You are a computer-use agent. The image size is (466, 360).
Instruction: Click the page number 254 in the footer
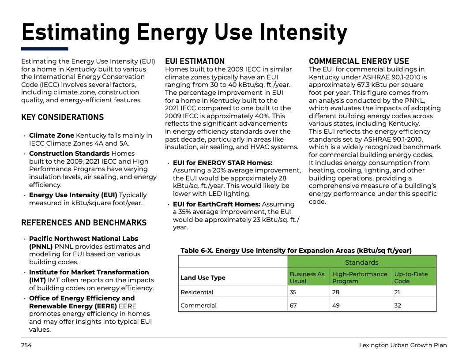tap(26, 345)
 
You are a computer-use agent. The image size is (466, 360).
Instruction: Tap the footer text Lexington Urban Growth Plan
tap(402, 345)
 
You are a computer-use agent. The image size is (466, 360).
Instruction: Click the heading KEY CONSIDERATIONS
tap(62, 117)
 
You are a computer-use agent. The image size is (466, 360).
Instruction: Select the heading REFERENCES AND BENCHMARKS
tap(84, 223)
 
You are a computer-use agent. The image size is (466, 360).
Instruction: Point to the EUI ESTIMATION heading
tap(195, 61)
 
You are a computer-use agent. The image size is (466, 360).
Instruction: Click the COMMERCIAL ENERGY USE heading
tap(359, 61)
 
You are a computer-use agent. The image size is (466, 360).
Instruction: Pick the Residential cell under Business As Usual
tap(293, 292)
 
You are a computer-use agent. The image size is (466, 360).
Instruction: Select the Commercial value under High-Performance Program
tap(336, 305)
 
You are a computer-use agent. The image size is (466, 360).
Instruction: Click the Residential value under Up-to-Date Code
tap(398, 292)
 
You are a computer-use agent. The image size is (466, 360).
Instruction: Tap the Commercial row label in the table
tap(199, 305)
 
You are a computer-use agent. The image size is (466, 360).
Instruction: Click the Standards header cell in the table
tap(361, 262)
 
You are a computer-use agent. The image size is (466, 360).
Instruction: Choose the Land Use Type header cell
tap(203, 277)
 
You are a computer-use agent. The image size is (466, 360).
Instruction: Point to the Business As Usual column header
tap(307, 277)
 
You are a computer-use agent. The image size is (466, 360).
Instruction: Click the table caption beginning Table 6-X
tap(296, 251)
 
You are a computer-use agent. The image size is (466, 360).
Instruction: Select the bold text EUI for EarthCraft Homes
tap(216, 204)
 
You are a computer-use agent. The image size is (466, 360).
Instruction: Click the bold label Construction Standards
tap(69, 154)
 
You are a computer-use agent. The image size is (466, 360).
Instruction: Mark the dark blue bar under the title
tap(45, 49)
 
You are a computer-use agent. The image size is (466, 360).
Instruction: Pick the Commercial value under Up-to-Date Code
tap(398, 305)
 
